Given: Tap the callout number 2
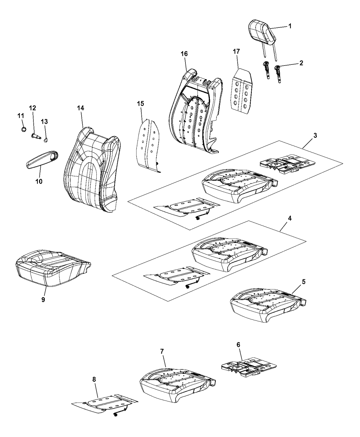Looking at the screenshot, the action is [x=301, y=63].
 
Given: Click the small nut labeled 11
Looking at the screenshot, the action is [x=24, y=129].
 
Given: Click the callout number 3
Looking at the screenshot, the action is [x=315, y=135].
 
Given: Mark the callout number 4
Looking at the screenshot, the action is [x=290, y=218].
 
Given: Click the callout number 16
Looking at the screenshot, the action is [x=184, y=54].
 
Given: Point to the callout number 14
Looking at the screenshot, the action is [x=81, y=108].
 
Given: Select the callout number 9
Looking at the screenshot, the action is [x=43, y=300].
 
